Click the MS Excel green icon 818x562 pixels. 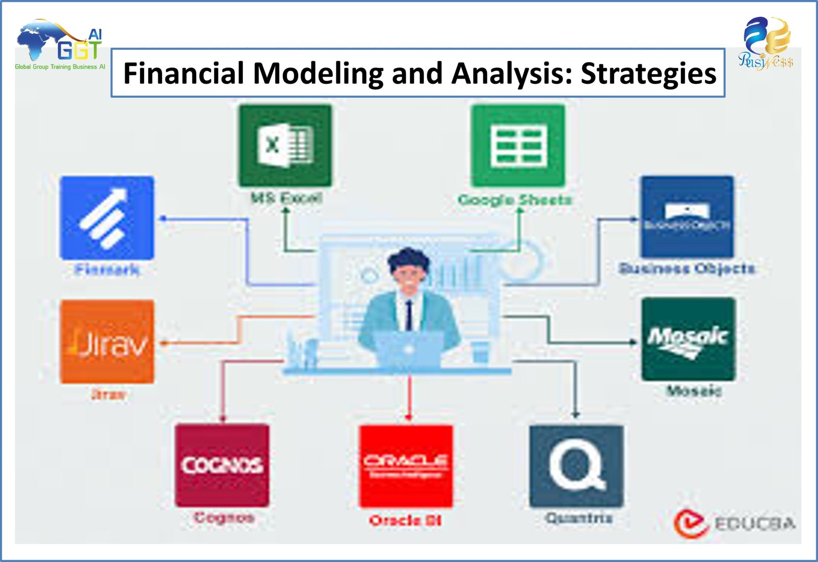coord(285,146)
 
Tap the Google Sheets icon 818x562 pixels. coord(518,146)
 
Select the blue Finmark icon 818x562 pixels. coord(107,218)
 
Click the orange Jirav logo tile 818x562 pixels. coord(107,342)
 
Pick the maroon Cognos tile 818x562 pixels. coord(222,465)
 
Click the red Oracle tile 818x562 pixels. coord(406,466)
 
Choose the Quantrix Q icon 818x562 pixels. coord(576,466)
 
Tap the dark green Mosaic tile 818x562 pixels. coord(688,340)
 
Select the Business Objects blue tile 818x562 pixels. coord(687,217)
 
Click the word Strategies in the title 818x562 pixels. coord(648,73)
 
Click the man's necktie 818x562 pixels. coord(408,314)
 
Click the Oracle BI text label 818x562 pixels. coord(405,521)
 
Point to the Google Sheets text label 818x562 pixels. coord(515,199)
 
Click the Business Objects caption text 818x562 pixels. coord(687,268)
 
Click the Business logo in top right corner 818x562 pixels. coord(766,43)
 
